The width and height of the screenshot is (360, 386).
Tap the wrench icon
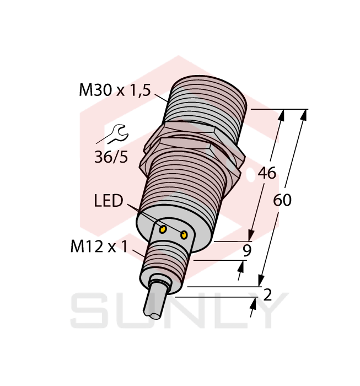(116, 133)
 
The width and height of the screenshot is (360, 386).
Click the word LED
(108, 201)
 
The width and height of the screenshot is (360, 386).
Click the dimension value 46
(267, 173)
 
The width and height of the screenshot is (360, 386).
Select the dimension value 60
(282, 200)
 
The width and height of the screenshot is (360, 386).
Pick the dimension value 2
(268, 295)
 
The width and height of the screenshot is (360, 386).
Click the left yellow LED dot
(163, 228)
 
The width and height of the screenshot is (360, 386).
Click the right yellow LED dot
(184, 235)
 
